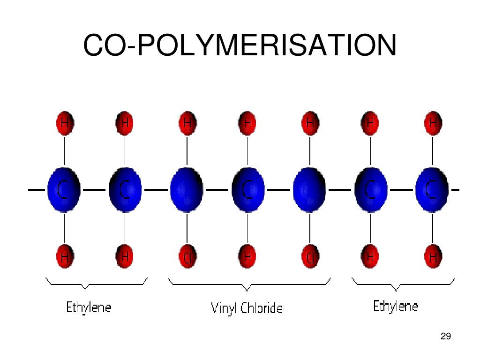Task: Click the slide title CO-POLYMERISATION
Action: pyautogui.click(x=240, y=45)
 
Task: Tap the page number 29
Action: pyautogui.click(x=446, y=336)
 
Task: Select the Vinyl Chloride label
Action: pyautogui.click(x=247, y=308)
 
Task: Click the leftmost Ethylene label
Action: pyautogui.click(x=89, y=307)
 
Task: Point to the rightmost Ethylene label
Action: pyautogui.click(x=396, y=307)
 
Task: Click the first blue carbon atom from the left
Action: pyautogui.click(x=64, y=190)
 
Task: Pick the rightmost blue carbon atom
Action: pyautogui.click(x=432, y=190)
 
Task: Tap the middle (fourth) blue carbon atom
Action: pyautogui.click(x=248, y=190)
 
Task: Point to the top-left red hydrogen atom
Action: pyautogui.click(x=65, y=123)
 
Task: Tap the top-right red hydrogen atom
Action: pyautogui.click(x=433, y=123)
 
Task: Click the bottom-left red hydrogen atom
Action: pyautogui.click(x=65, y=257)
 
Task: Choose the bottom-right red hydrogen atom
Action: pyautogui.click(x=433, y=257)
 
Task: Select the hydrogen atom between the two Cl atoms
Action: pyautogui.click(x=247, y=257)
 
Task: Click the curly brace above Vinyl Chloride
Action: pyautogui.click(x=249, y=283)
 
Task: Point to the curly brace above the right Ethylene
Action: pyautogui.click(x=403, y=283)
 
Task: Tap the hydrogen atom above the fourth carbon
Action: pyautogui.click(x=247, y=123)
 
